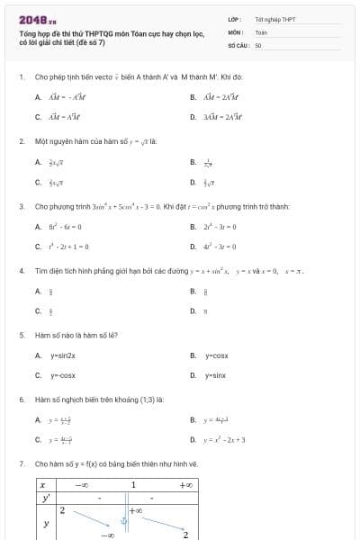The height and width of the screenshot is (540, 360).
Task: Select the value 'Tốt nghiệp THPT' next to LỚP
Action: tap(274, 18)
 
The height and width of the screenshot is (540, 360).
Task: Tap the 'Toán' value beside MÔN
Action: tap(261, 31)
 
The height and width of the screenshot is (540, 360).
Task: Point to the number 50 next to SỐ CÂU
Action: tap(258, 44)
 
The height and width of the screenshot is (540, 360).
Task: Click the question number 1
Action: tap(21, 77)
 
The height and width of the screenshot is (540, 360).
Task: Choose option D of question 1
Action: tap(220, 117)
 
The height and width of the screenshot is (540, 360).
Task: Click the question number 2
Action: tap(21, 141)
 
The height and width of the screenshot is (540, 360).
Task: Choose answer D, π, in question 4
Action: tap(205, 310)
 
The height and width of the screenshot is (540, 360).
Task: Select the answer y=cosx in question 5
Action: tap(216, 355)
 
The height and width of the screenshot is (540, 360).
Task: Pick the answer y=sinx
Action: tap(215, 375)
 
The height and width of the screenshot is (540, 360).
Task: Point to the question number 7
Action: tap(21, 463)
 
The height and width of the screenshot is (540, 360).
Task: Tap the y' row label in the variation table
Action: tap(44, 497)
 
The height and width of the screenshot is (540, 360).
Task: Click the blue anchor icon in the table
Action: tap(125, 518)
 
